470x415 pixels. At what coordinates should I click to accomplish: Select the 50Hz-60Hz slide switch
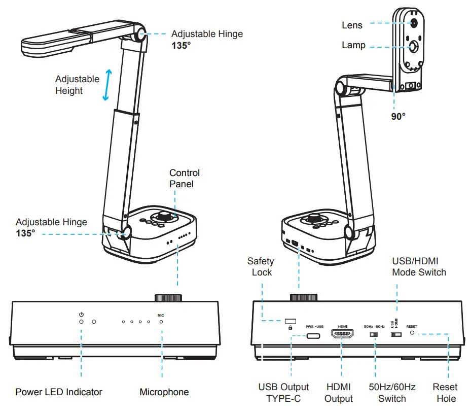pyautogui.click(x=374, y=335)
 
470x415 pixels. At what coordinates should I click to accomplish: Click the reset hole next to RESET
pyautogui.click(x=412, y=334)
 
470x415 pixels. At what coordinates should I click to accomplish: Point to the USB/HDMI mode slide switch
pyautogui.click(x=396, y=335)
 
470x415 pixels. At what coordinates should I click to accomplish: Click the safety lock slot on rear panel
pyautogui.click(x=291, y=321)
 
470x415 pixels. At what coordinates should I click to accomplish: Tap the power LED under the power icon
pyautogui.click(x=81, y=322)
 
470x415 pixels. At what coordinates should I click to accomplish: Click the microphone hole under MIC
pyautogui.click(x=161, y=322)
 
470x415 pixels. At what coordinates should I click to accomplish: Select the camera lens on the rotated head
pyautogui.click(x=414, y=23)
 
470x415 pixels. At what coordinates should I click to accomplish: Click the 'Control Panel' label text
pyautogui.click(x=184, y=179)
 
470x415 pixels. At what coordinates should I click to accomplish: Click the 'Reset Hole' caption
pyautogui.click(x=445, y=393)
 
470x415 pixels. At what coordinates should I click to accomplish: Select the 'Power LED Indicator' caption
pyautogui.click(x=59, y=392)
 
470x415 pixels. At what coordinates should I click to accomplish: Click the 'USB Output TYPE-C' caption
pyautogui.click(x=283, y=393)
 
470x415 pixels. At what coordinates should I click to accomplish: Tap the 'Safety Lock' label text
pyautogui.click(x=261, y=267)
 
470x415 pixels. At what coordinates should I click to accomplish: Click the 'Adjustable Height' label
pyautogui.click(x=77, y=85)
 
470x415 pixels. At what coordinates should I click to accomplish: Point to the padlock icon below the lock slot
pyautogui.click(x=290, y=328)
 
